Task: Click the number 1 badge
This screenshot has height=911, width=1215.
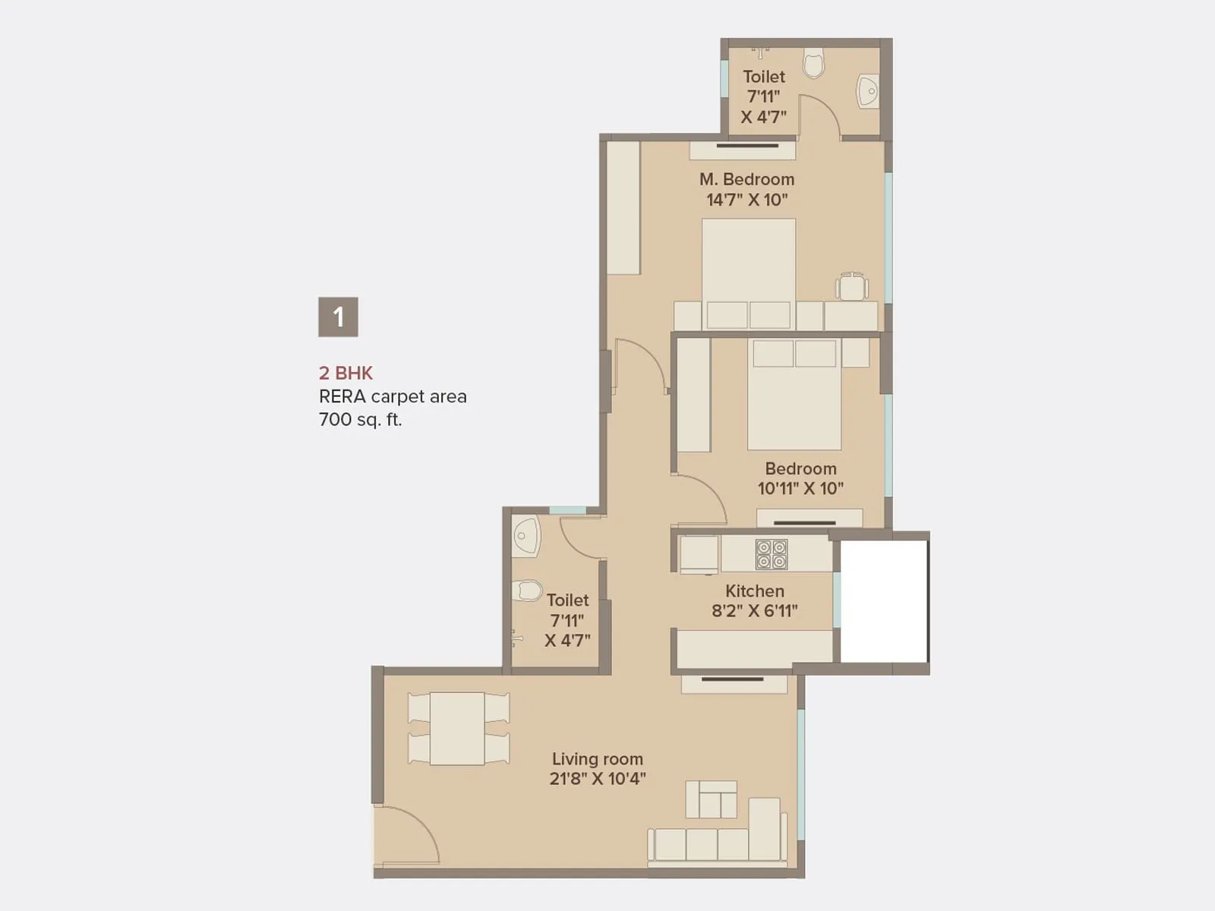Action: [338, 317]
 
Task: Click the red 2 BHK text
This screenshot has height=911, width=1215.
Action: [346, 373]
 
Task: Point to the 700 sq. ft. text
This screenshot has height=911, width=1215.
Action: [360, 419]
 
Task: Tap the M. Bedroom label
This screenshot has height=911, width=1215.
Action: [746, 179]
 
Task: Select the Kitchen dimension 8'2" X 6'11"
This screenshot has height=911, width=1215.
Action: [754, 610]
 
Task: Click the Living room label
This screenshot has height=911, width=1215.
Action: [597, 758]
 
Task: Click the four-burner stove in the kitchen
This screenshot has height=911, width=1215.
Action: [772, 554]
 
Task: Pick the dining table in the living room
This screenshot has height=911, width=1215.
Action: [457, 728]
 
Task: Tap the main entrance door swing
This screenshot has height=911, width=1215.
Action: [406, 835]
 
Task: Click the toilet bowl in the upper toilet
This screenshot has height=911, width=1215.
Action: [813, 63]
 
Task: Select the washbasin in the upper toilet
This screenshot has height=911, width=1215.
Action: [867, 92]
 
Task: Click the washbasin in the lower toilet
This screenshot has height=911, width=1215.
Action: [525, 536]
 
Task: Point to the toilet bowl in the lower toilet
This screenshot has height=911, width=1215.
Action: [525, 591]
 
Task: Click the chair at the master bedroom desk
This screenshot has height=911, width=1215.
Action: [852, 287]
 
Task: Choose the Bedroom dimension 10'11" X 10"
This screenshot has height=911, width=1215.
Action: [800, 488]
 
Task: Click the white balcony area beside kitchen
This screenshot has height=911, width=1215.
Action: [883, 601]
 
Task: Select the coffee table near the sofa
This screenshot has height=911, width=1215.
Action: [712, 799]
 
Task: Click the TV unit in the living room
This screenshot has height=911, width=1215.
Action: [734, 683]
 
